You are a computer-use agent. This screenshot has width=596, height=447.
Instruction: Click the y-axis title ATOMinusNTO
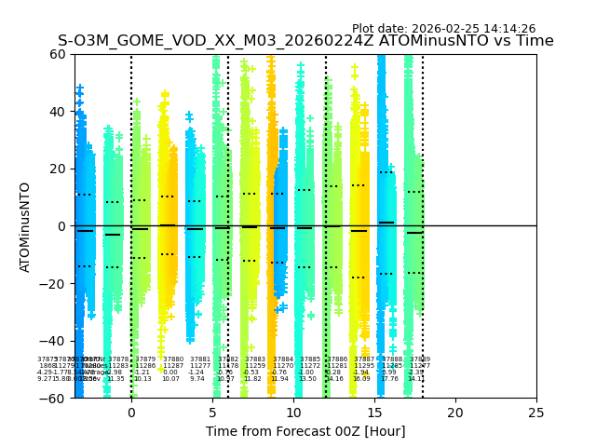[x=25, y=226]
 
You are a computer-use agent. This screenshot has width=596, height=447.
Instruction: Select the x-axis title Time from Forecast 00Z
[x=305, y=431]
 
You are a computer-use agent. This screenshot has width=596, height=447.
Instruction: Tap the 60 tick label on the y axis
[x=58, y=54]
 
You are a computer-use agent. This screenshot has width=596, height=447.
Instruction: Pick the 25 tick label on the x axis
[x=536, y=413]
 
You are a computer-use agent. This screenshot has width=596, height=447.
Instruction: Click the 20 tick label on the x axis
[x=455, y=413]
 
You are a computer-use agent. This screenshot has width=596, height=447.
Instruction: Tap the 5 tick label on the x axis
[x=212, y=413]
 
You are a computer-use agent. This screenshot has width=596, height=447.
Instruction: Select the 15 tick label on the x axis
[x=374, y=413]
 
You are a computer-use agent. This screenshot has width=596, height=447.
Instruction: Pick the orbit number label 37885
[x=309, y=359]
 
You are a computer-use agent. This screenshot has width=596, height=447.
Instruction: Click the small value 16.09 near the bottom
[x=361, y=379]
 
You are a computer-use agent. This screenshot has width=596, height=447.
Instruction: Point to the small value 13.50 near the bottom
[x=306, y=379]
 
